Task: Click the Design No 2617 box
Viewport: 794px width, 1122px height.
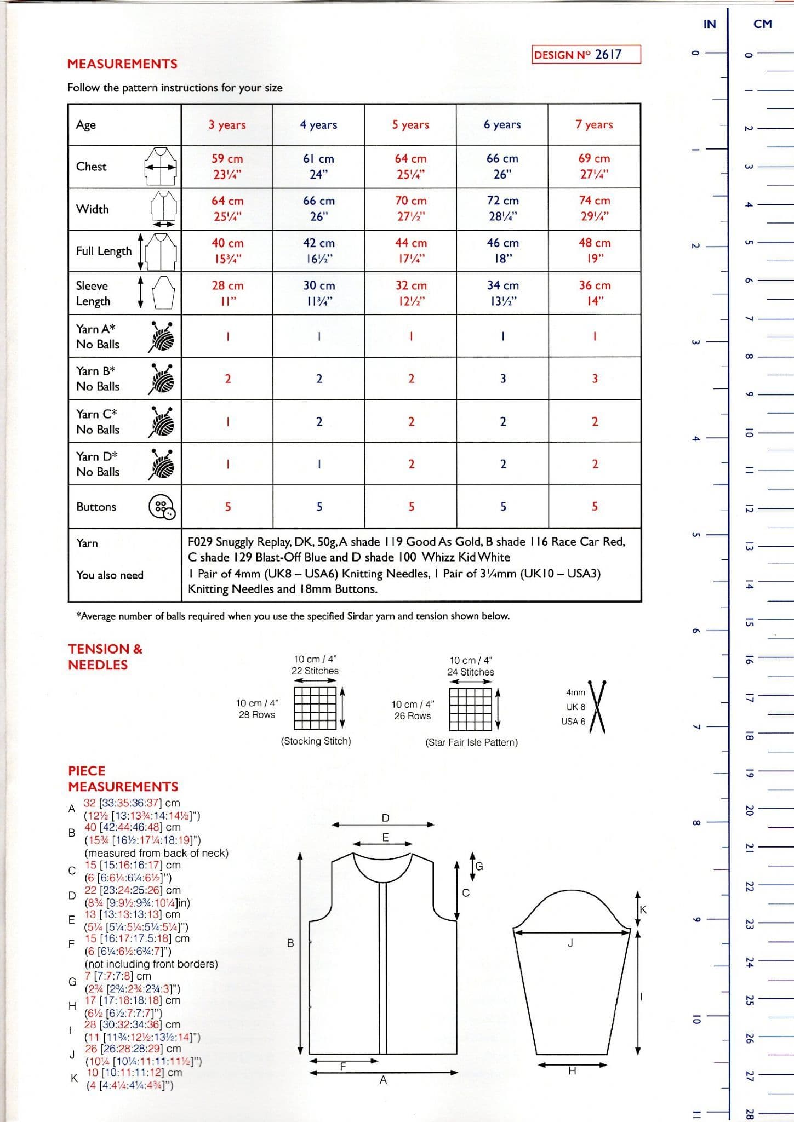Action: (x=586, y=54)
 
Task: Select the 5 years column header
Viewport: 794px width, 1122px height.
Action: (x=410, y=124)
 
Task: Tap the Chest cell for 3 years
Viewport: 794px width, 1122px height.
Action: (x=227, y=167)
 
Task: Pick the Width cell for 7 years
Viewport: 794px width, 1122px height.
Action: (x=595, y=209)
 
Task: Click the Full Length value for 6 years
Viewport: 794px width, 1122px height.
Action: (x=502, y=251)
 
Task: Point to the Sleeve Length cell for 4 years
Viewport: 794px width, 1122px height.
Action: (x=319, y=293)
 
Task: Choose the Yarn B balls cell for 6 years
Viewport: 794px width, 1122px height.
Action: (x=502, y=379)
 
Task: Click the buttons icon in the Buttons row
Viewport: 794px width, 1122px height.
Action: (x=162, y=507)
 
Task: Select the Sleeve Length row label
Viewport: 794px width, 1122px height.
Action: (x=93, y=293)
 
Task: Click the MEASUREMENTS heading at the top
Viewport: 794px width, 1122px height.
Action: (x=122, y=64)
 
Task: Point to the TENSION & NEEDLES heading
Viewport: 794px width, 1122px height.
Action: (x=105, y=657)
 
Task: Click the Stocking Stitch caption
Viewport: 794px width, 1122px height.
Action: (x=316, y=741)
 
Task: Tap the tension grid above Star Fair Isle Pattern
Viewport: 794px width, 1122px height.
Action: (x=471, y=709)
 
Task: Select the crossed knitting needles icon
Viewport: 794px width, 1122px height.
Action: (x=596, y=707)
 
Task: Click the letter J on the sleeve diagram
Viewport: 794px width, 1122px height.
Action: (x=570, y=943)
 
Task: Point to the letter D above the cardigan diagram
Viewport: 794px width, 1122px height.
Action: (x=385, y=818)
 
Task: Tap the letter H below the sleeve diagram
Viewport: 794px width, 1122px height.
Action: (x=572, y=1071)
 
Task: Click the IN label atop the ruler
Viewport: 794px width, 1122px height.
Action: (x=710, y=24)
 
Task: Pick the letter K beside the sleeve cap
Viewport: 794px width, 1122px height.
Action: (x=643, y=909)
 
